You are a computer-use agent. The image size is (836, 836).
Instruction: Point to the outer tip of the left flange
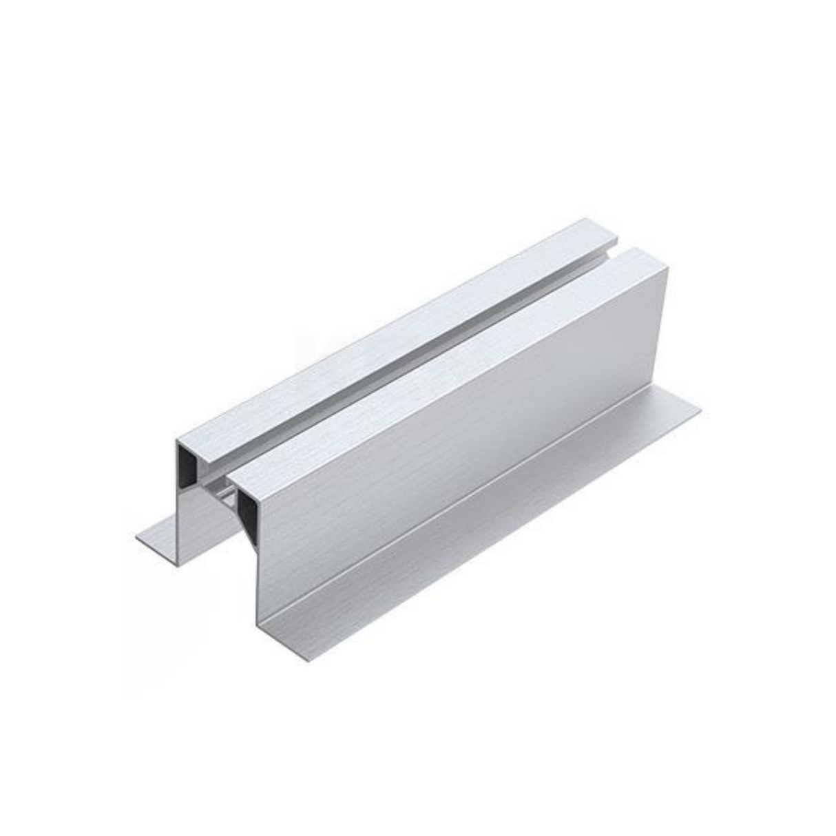click(x=138, y=535)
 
